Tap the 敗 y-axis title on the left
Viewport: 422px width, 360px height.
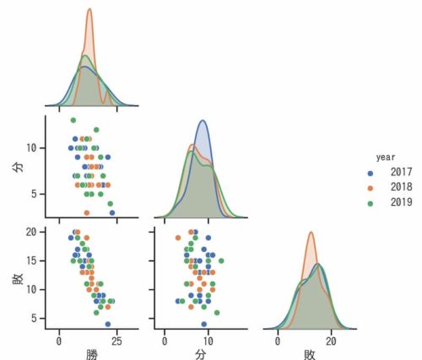(x=17, y=277)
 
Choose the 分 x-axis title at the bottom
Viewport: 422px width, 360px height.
(x=200, y=352)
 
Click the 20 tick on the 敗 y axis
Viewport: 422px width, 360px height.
(x=35, y=231)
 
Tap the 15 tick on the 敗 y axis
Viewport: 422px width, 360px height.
(x=35, y=261)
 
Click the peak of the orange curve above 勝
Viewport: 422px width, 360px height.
(x=89, y=9)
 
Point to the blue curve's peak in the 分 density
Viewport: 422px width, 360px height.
(x=203, y=121)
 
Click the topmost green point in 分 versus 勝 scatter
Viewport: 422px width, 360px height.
(x=73, y=120)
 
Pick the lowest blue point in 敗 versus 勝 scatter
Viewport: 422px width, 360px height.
(x=107, y=324)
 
